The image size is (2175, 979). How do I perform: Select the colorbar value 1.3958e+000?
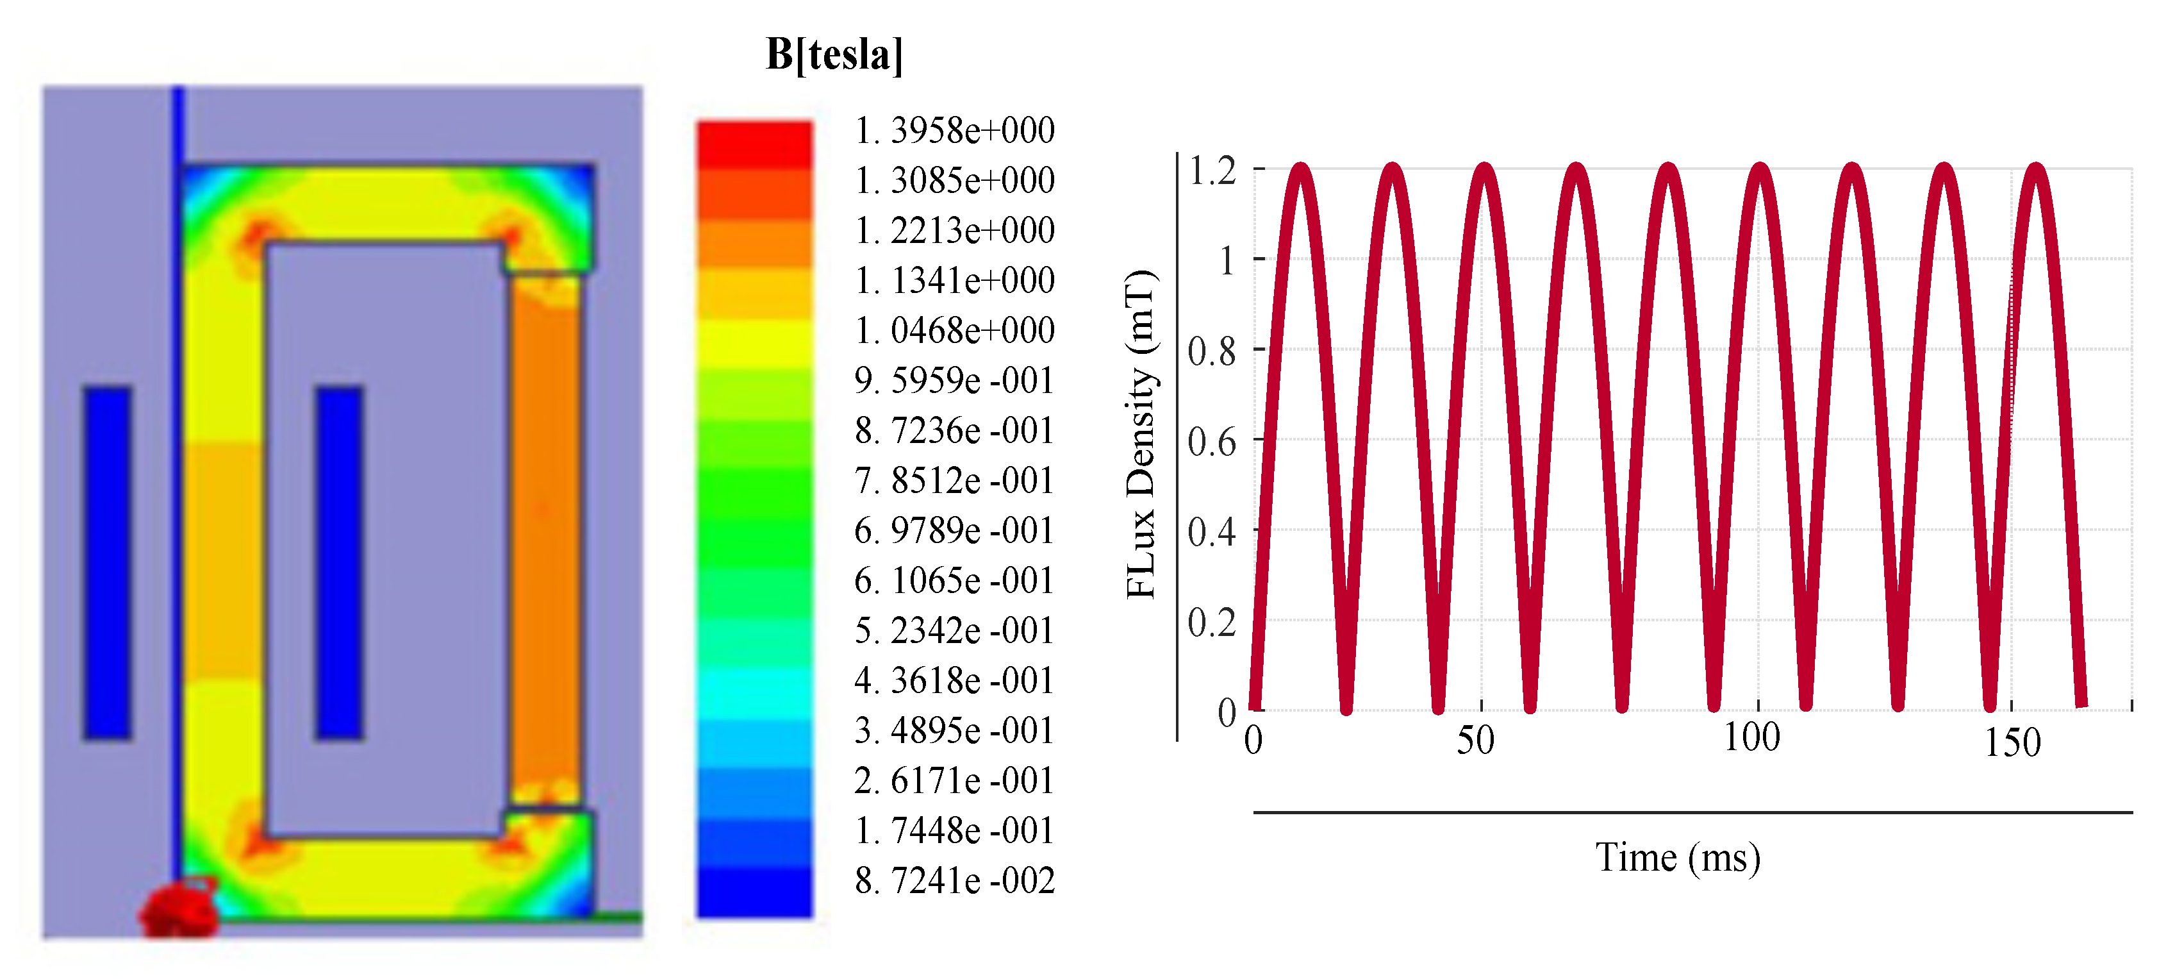[x=955, y=131]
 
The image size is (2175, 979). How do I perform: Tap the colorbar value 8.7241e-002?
[x=955, y=881]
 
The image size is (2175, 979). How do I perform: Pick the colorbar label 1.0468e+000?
[x=955, y=330]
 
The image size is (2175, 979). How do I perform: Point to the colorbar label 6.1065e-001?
[x=955, y=581]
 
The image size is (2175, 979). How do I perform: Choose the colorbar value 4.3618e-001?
[x=955, y=681]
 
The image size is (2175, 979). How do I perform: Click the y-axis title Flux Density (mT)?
[x=1141, y=435]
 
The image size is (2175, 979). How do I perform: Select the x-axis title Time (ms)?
[x=1678, y=858]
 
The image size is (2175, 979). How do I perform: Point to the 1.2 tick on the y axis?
[x=1212, y=171]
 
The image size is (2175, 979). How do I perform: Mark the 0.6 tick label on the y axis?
[x=1212, y=442]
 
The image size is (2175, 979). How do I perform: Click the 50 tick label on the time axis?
[x=1476, y=741]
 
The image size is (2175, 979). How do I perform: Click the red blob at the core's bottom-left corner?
[x=179, y=910]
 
